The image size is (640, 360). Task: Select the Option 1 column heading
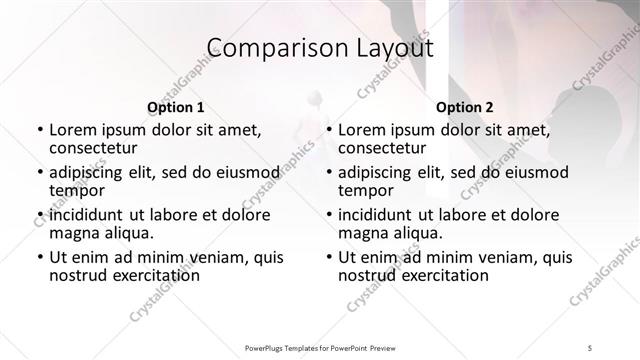point(175,107)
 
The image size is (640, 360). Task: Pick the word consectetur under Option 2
point(384,149)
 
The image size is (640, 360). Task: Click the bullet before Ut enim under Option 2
point(329,257)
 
